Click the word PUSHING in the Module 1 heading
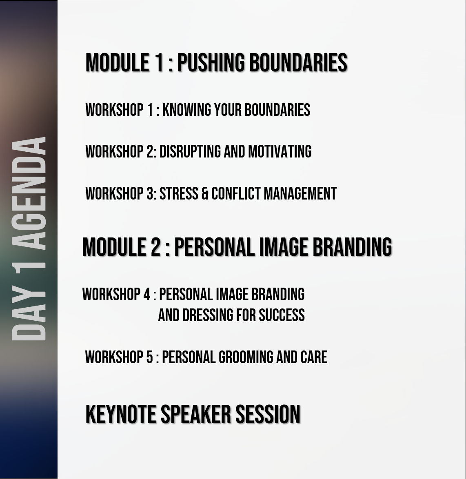click(211, 62)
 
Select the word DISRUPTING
click(190, 151)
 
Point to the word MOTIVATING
click(280, 151)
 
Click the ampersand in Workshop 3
click(205, 194)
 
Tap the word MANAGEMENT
click(300, 194)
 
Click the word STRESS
click(179, 194)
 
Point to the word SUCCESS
click(282, 315)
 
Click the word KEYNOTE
click(121, 414)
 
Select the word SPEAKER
click(195, 414)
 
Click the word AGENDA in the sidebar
click(29, 193)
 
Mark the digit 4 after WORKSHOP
click(147, 295)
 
